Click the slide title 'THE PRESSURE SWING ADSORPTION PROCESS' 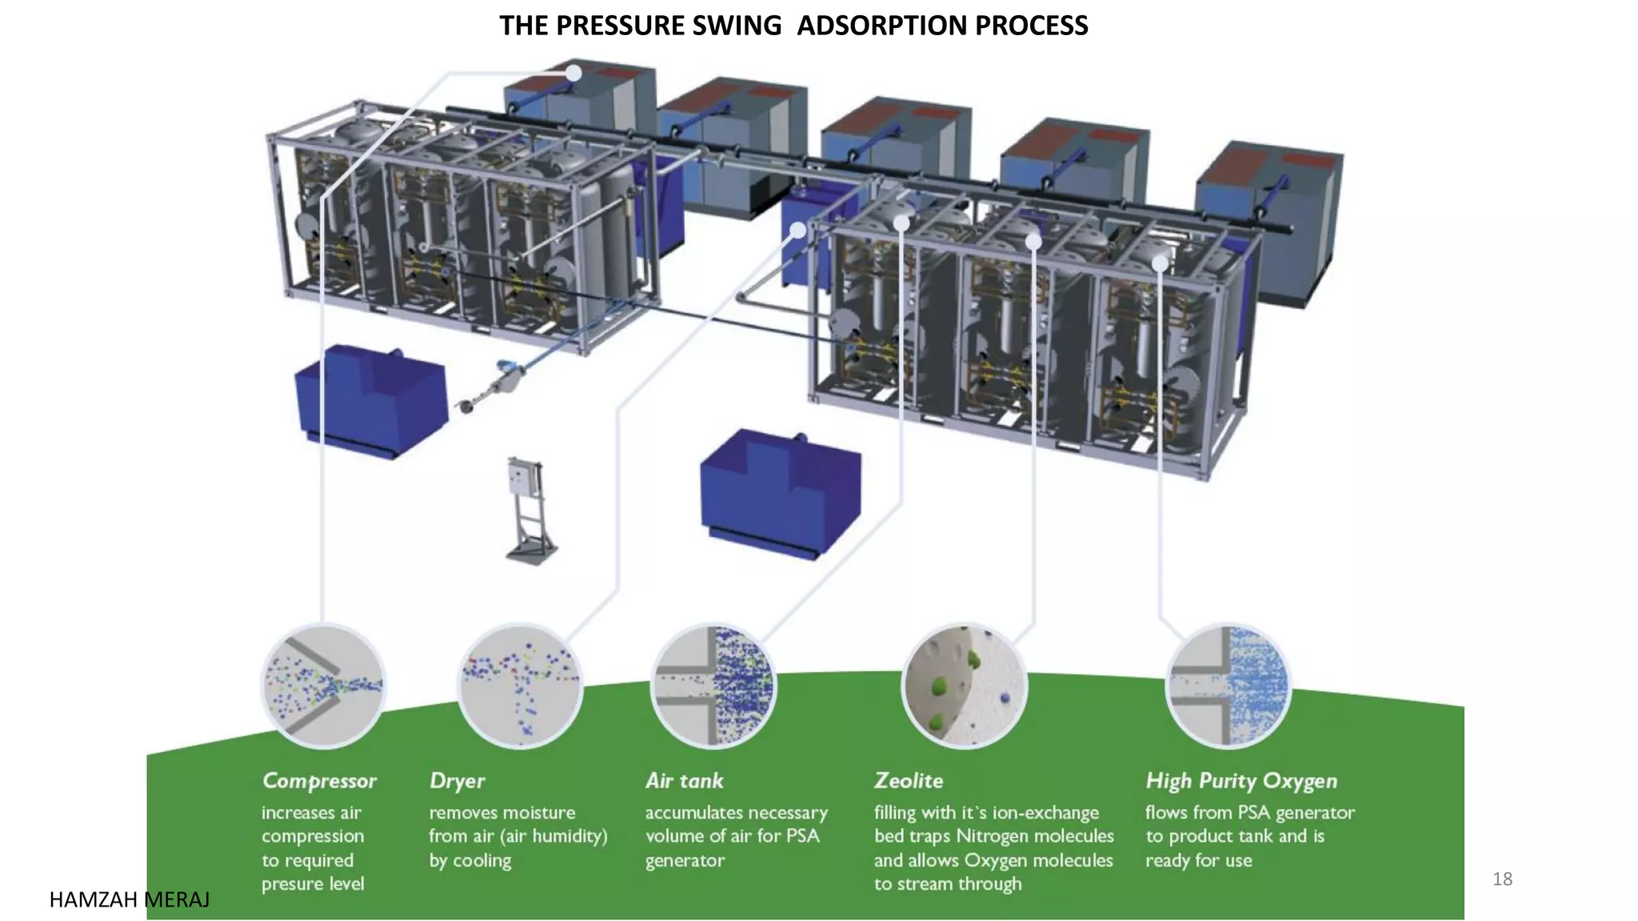click(x=793, y=26)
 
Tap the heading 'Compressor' click(x=319, y=780)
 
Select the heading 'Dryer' click(x=457, y=780)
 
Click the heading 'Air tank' click(x=684, y=780)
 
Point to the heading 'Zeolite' click(x=909, y=780)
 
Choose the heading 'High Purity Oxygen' click(x=1241, y=780)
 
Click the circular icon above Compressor click(x=324, y=686)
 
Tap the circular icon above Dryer click(x=520, y=686)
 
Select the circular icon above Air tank click(x=713, y=686)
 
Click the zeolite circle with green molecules click(x=964, y=686)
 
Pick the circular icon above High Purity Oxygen click(x=1228, y=686)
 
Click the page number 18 click(x=1502, y=879)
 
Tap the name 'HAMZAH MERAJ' click(x=130, y=900)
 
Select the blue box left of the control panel click(x=370, y=400)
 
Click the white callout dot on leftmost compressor click(x=573, y=73)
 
